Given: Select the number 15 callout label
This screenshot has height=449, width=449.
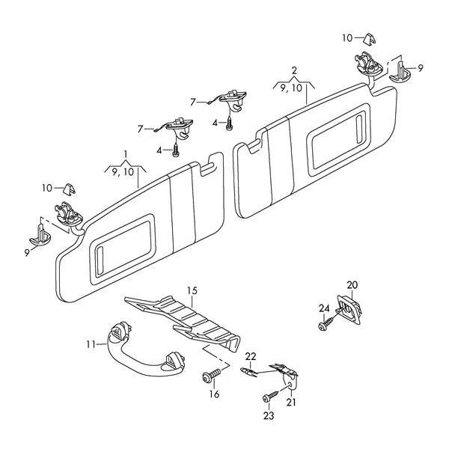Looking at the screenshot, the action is (192, 291).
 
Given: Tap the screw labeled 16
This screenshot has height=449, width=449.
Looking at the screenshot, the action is (211, 375).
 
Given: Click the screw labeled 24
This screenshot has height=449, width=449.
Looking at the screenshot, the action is (326, 323).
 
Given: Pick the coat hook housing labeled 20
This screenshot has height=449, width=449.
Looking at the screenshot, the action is (349, 310).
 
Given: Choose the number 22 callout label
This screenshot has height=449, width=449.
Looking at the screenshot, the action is (251, 357).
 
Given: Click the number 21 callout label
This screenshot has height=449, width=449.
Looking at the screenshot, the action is (291, 403).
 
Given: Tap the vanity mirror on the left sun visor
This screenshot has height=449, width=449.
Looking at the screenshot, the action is (123, 248).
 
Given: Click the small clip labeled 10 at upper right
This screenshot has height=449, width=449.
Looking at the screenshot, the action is (370, 39).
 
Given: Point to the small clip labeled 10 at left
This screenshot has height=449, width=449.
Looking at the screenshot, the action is (70, 189).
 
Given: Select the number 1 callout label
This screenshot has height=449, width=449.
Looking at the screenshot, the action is (125, 155).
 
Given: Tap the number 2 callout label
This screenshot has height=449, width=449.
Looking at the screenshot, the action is (294, 70).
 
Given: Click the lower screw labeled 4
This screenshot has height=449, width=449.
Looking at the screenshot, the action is (175, 150).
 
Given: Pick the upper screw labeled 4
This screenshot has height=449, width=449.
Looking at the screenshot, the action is (229, 123).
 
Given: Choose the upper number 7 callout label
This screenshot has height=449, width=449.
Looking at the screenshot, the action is (193, 103).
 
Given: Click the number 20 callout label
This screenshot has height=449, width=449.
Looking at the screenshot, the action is (352, 285).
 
